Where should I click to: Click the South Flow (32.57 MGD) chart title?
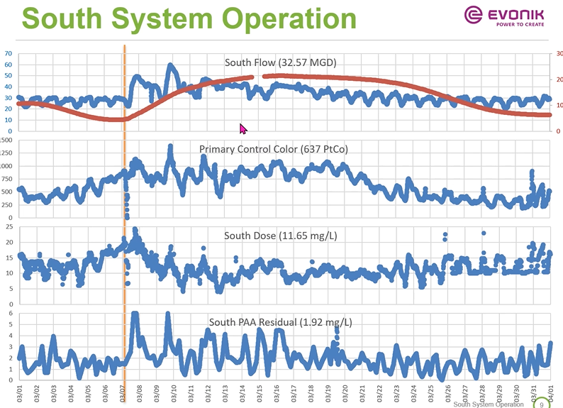(280, 62)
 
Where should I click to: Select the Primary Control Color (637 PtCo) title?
(273, 149)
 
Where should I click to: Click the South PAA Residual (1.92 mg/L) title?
(280, 322)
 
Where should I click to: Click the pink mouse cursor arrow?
(243, 128)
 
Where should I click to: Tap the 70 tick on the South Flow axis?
(8, 53)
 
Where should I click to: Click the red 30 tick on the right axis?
(559, 53)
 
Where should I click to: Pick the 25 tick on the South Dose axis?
(9, 226)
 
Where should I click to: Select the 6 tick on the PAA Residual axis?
(11, 313)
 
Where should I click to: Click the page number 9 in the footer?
(542, 404)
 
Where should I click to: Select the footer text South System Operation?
(489, 404)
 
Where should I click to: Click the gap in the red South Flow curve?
(258, 77)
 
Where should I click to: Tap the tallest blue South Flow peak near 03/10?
(170, 66)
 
